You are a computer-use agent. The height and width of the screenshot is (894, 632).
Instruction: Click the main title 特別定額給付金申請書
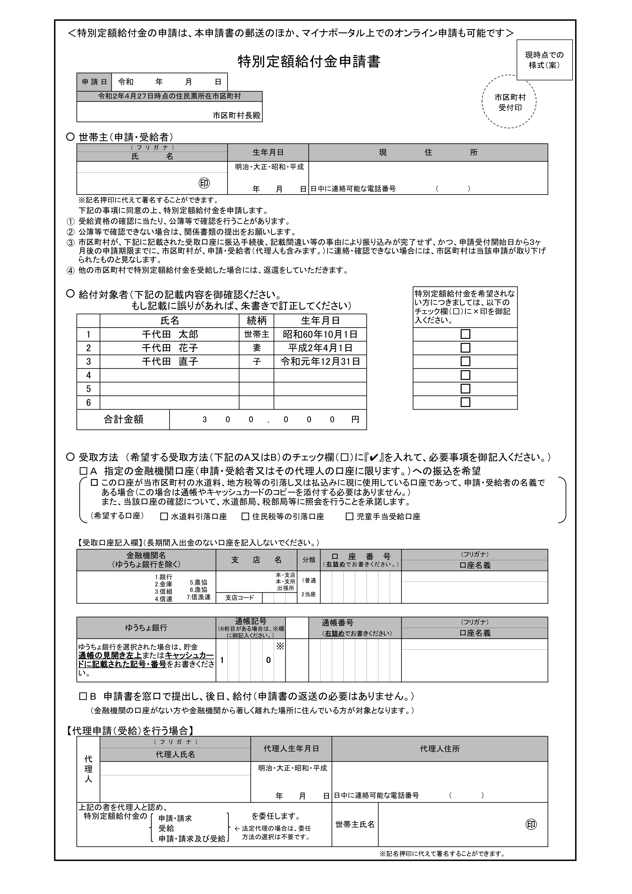(x=309, y=62)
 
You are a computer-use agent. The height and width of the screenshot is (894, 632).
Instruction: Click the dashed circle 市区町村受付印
(x=509, y=102)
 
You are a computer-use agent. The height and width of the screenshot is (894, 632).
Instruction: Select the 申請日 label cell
(x=94, y=82)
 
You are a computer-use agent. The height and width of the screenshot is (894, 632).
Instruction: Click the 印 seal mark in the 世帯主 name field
(x=204, y=183)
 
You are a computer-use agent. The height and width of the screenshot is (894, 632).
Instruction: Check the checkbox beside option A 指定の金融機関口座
(x=83, y=471)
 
